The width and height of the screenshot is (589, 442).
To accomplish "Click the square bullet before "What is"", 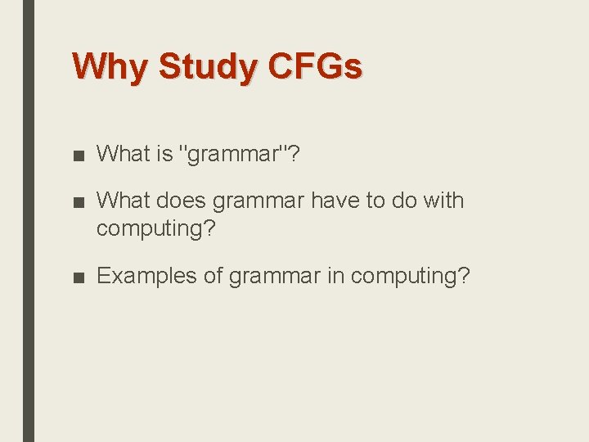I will tap(79, 155).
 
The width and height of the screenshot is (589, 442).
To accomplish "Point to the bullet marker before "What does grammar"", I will tap(79, 201).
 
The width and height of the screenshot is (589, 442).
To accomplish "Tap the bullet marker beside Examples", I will tap(79, 277).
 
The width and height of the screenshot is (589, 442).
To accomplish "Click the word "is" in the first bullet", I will tap(163, 154).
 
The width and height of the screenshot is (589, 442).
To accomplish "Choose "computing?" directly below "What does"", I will tap(156, 229).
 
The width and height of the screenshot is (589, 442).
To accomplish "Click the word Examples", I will tap(146, 276).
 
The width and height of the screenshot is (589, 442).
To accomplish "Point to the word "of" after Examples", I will tap(213, 276).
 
